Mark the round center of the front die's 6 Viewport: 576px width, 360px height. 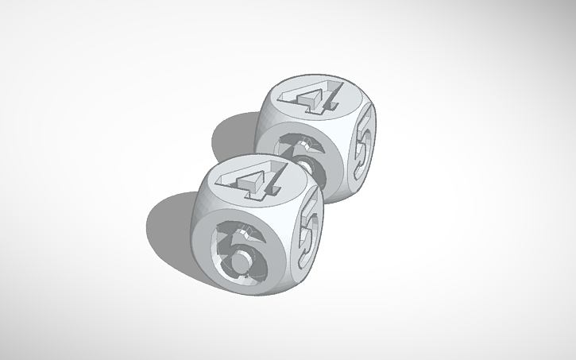pos(239,256)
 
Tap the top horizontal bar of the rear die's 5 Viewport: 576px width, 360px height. pos(367,118)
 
